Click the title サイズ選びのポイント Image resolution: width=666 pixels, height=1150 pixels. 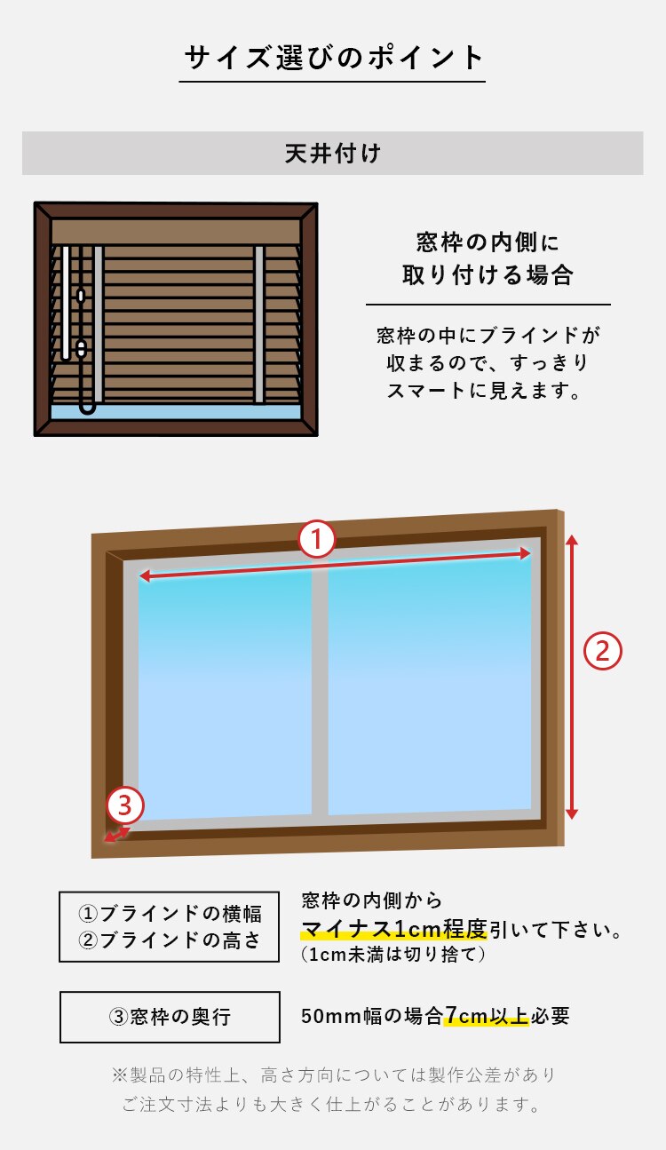click(x=334, y=57)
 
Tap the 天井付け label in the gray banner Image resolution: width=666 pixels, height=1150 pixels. click(x=333, y=153)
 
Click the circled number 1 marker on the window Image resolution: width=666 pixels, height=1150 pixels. click(x=317, y=539)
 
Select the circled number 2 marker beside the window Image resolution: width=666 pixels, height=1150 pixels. click(x=602, y=650)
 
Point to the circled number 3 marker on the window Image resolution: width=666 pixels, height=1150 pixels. click(x=125, y=805)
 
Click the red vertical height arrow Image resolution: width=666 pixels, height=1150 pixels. click(x=572, y=676)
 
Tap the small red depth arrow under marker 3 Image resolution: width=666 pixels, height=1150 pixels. click(x=117, y=834)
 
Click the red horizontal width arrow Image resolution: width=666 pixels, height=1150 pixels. click(x=335, y=565)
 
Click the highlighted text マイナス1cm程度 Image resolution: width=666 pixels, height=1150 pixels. click(x=394, y=929)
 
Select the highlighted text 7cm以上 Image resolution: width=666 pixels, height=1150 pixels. click(x=487, y=1015)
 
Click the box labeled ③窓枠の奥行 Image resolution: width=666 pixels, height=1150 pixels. click(x=170, y=1017)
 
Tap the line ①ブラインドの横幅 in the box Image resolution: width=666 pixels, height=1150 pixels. click(x=170, y=913)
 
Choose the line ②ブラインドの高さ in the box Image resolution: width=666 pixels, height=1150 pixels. click(x=170, y=940)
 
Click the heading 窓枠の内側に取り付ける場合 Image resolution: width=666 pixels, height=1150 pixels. click(x=488, y=258)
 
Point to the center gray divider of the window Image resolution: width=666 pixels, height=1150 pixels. click(x=320, y=692)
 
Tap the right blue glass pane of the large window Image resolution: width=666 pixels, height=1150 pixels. click(x=429, y=686)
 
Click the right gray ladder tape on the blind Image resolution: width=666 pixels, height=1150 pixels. click(x=259, y=324)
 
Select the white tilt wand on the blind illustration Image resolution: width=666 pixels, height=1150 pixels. click(x=66, y=303)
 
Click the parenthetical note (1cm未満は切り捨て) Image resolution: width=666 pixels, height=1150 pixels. click(x=392, y=955)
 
